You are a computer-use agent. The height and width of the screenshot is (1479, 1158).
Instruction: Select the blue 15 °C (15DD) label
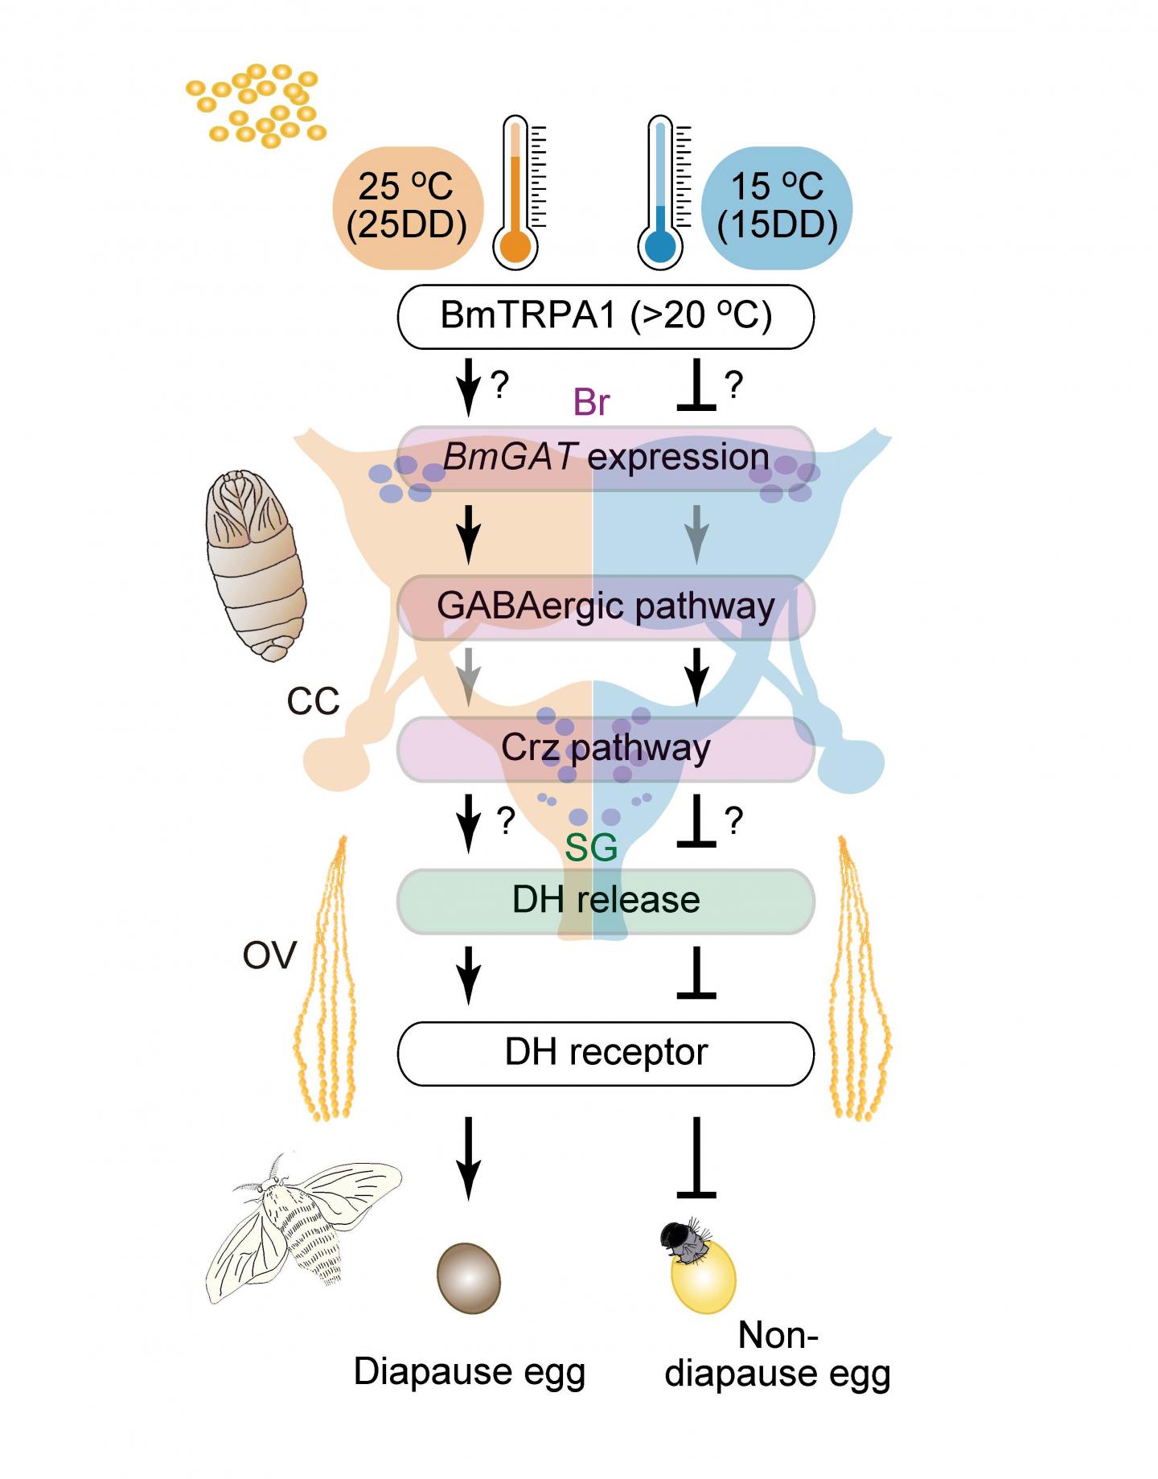pos(777,207)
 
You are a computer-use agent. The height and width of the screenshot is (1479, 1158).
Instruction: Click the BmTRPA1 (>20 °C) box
pos(606,316)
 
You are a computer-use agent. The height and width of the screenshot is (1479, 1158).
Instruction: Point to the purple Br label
pos(591,402)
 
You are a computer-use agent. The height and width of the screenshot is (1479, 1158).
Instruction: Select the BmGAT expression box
pos(606,458)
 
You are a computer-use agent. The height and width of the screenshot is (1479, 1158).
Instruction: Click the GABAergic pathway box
pos(606,606)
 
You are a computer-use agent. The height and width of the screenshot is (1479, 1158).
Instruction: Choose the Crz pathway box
pos(606,748)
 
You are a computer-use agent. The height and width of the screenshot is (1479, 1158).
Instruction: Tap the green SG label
pos(591,847)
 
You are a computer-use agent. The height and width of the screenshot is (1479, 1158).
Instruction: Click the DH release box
pos(606,900)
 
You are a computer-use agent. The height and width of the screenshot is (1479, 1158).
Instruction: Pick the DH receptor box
pos(606,1053)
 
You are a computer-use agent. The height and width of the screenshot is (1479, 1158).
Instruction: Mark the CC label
pos(313,701)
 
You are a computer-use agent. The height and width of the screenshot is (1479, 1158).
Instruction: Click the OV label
pos(269,955)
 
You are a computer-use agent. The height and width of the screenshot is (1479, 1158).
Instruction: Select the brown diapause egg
pos(468,1279)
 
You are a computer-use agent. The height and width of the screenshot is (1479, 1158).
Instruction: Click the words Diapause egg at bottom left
pos(469,1372)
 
